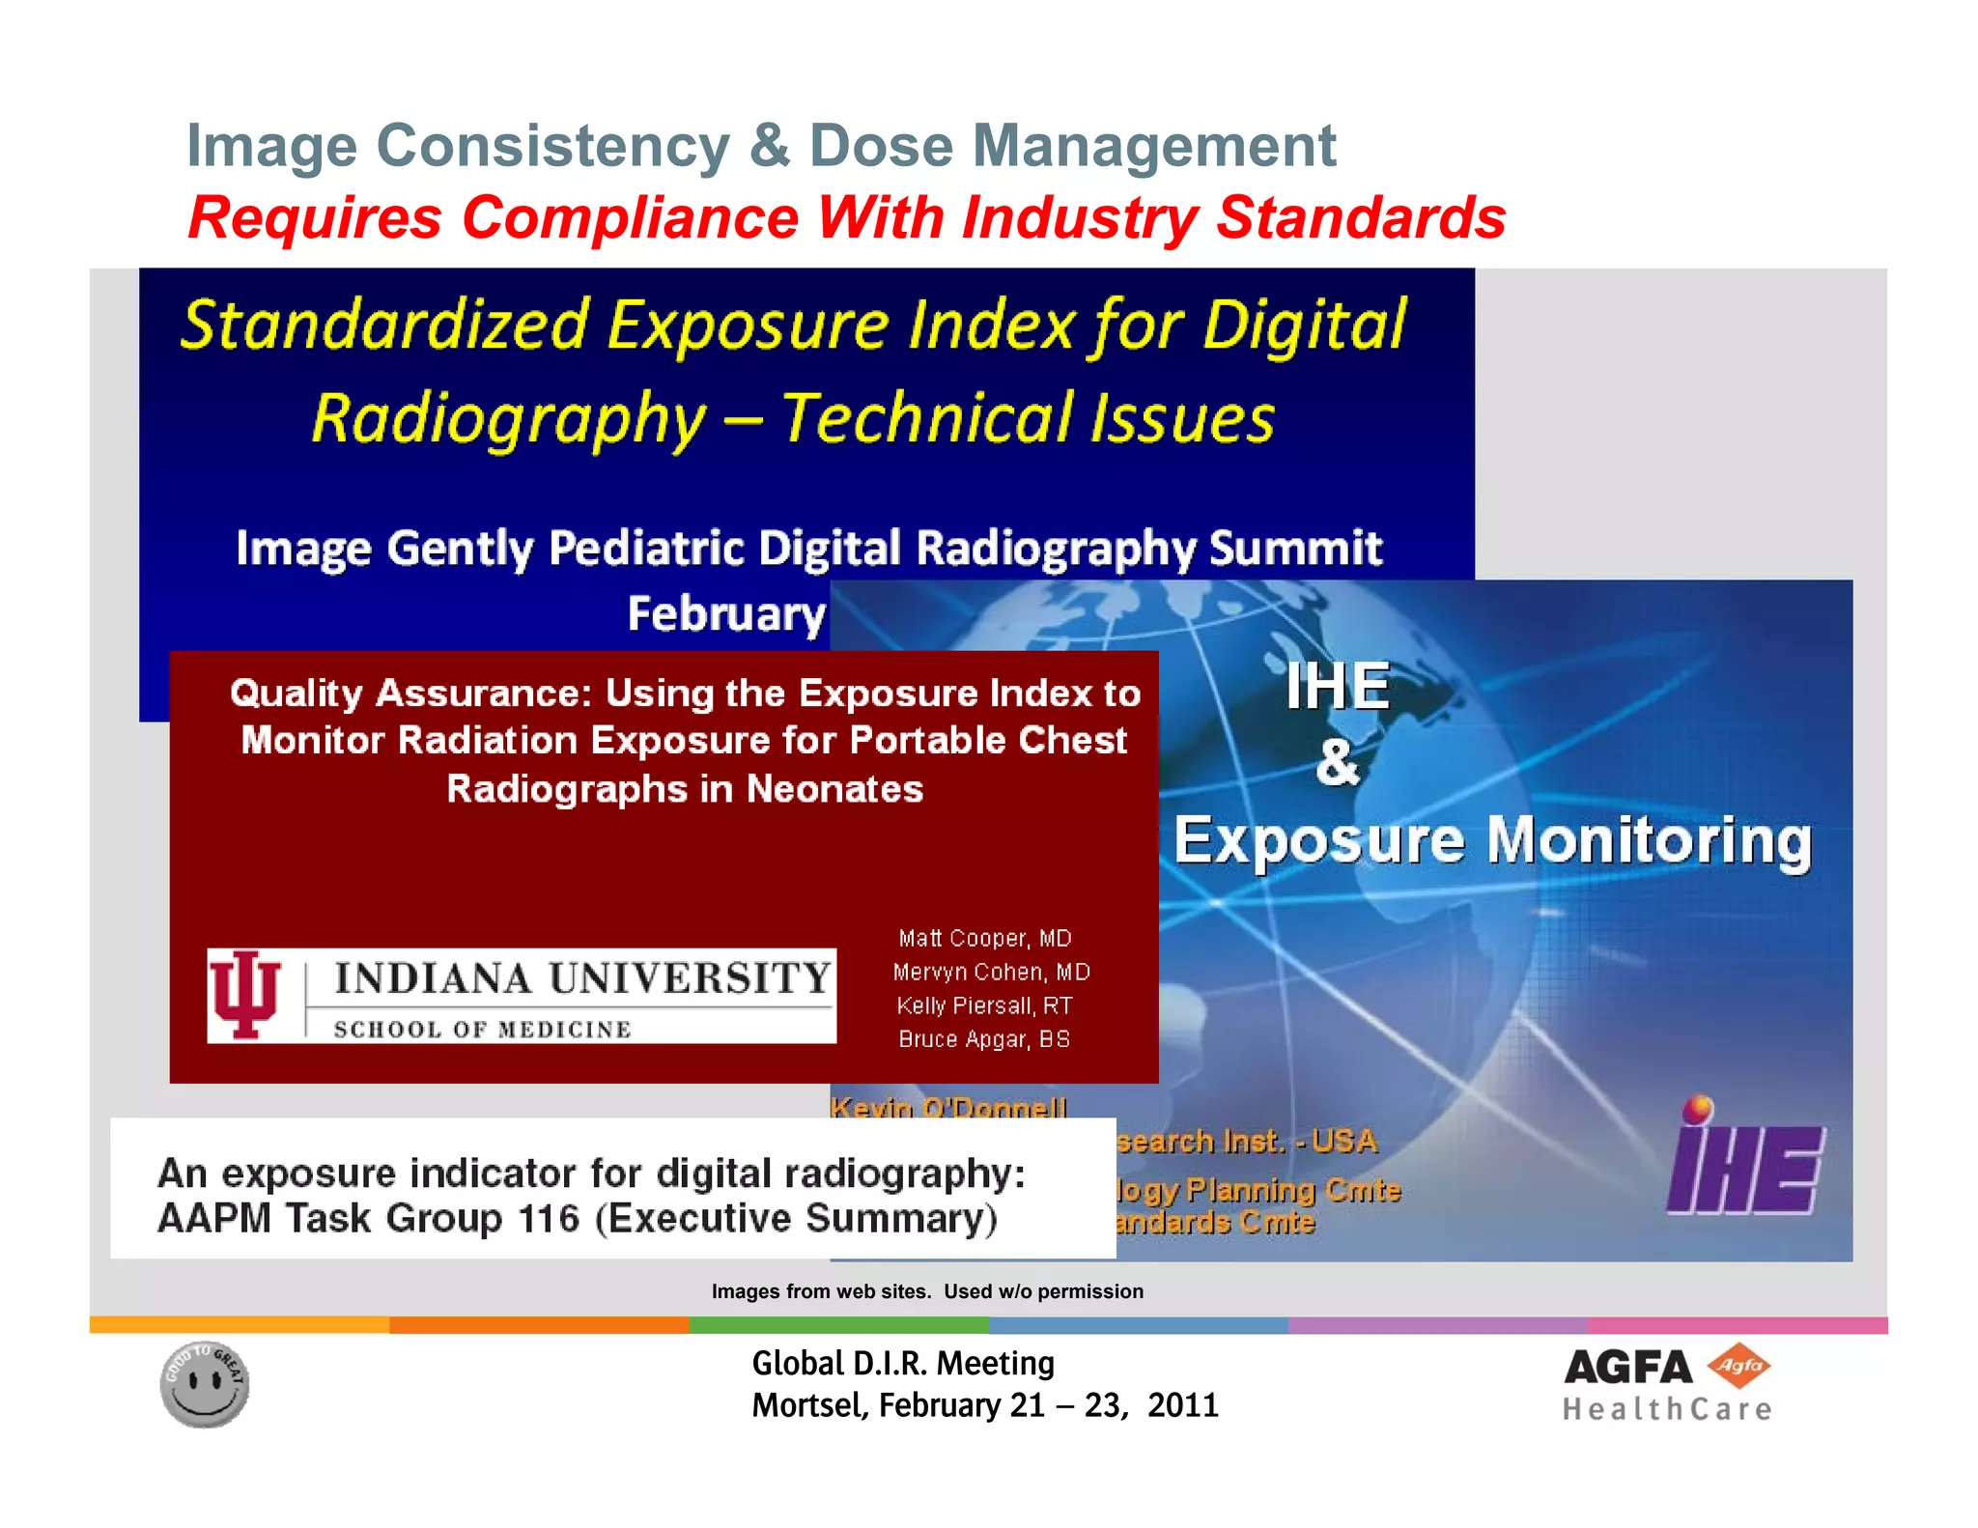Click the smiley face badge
tap(204, 1384)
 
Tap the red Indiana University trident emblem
tap(245, 994)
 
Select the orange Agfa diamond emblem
tap(1738, 1366)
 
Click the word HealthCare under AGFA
tap(1667, 1410)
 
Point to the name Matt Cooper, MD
tap(984, 939)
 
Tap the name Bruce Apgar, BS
tap(984, 1039)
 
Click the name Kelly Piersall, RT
tap(984, 1005)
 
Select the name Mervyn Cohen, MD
tap(991, 972)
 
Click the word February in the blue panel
tap(726, 614)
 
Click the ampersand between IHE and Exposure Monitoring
tap(1337, 762)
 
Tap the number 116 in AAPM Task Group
tap(548, 1219)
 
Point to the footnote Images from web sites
tap(927, 1291)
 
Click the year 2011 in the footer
tap(1183, 1405)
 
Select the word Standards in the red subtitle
tap(1360, 218)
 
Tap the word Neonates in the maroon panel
tap(834, 789)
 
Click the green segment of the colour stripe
tap(838, 1325)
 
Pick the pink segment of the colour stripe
tap(1737, 1325)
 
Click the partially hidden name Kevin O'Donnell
tap(948, 1107)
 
